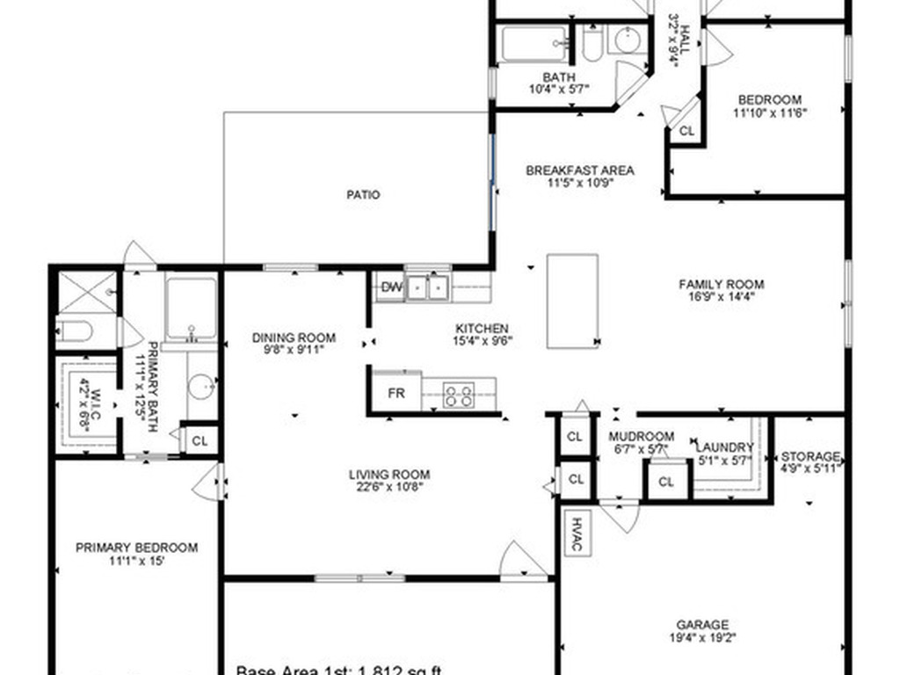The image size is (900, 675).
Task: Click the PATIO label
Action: click(x=363, y=195)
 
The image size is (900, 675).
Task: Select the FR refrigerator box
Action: click(x=396, y=393)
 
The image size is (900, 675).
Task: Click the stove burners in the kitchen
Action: click(x=458, y=395)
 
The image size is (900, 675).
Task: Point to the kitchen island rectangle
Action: click(x=572, y=301)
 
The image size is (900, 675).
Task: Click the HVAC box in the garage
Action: click(x=577, y=533)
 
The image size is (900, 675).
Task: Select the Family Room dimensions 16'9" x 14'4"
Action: click(x=721, y=297)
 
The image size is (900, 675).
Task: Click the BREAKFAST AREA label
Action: click(x=579, y=171)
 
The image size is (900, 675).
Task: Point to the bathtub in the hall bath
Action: click(x=534, y=45)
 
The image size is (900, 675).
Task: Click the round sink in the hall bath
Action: click(x=627, y=40)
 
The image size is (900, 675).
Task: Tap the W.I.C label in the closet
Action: click(x=85, y=403)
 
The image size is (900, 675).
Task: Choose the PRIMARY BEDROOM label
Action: click(x=136, y=547)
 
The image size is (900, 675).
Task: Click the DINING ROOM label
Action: click(x=294, y=337)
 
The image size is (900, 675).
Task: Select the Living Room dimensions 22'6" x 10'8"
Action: click(x=388, y=487)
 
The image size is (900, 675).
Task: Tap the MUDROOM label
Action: click(x=642, y=437)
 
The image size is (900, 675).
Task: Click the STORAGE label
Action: click(x=810, y=456)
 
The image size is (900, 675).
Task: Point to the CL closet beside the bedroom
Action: click(x=686, y=131)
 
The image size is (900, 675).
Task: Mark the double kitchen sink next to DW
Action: click(x=426, y=287)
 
